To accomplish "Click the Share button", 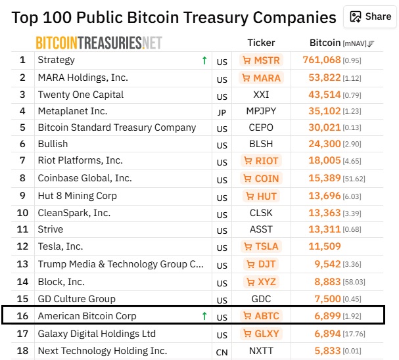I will point(370,17).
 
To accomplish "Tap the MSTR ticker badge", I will point(262,60).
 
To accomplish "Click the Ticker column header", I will point(261,43).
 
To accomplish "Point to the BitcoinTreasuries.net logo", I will point(99,43).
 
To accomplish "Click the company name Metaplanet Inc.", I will point(72,111).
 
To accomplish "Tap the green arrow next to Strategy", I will point(204,60).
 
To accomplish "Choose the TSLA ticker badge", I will point(262,246).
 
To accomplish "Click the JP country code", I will point(222,112).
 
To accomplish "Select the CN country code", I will point(222,352).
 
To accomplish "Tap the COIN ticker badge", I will point(262,178).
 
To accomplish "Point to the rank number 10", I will point(22,213).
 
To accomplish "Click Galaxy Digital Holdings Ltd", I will point(97,334).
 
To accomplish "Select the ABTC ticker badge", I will point(262,316).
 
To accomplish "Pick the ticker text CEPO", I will point(261,127).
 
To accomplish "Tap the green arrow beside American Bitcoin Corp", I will point(204,316).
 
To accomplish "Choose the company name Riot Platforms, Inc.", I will point(80,160).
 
